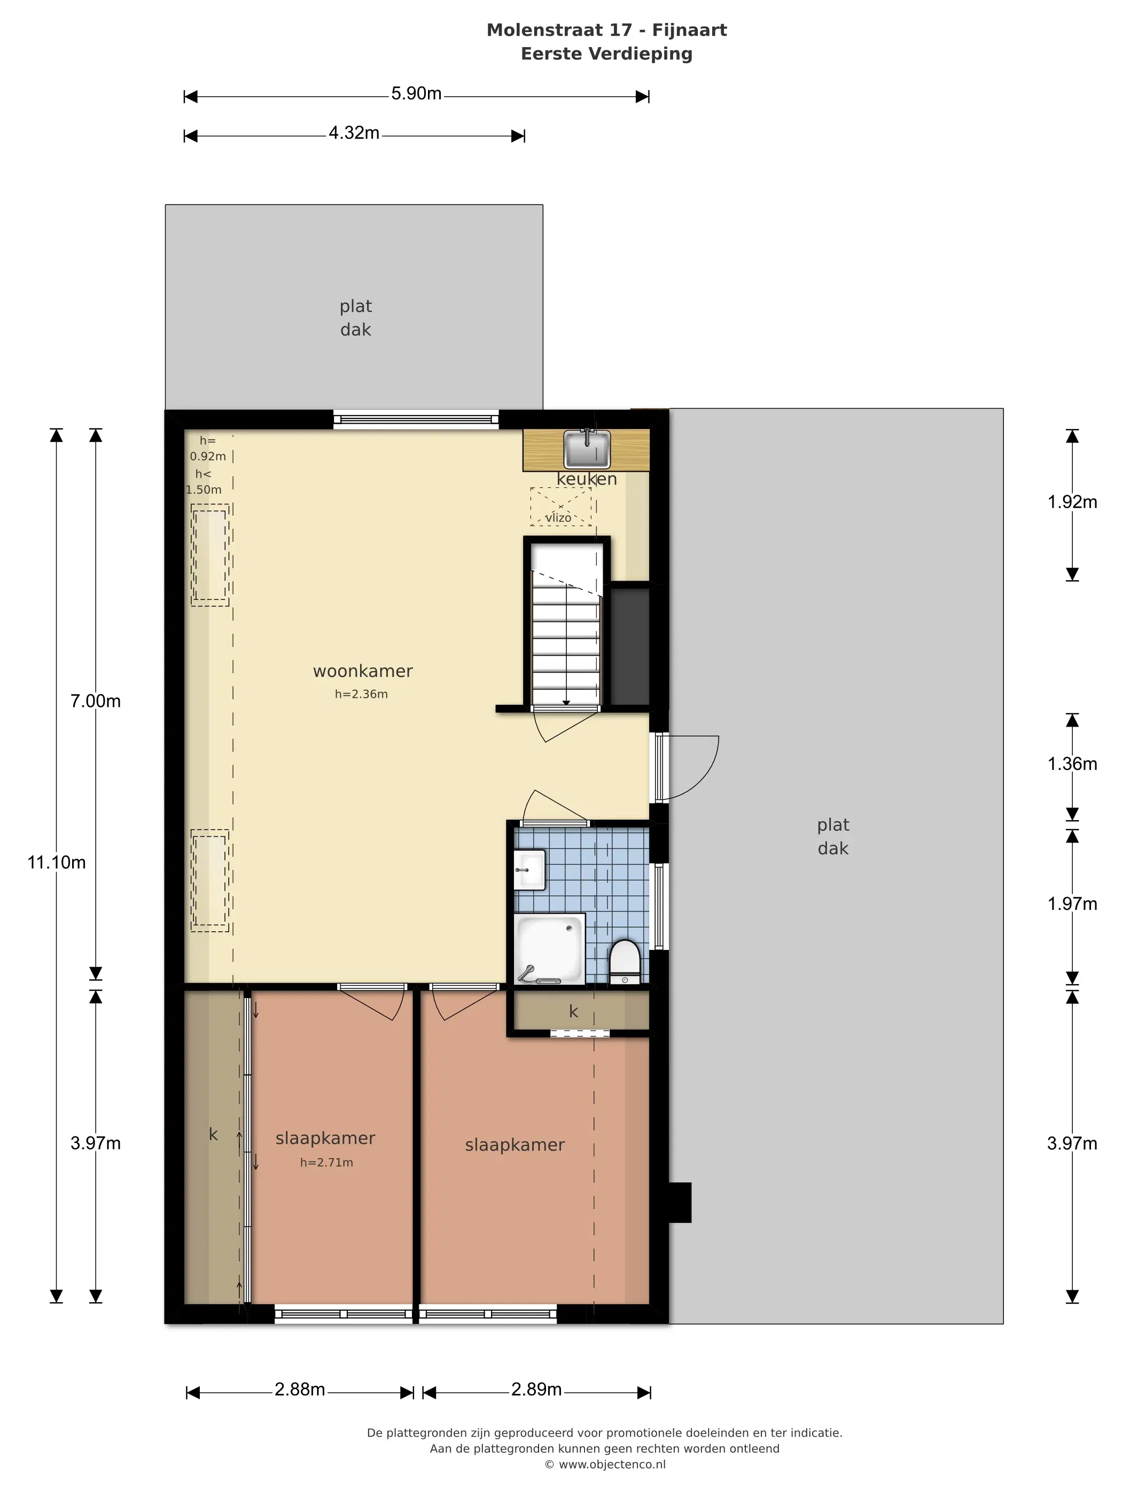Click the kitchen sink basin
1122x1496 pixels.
click(x=586, y=448)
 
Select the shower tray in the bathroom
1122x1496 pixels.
click(x=549, y=948)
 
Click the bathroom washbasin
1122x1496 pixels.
click(x=529, y=870)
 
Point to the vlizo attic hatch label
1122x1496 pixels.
click(x=558, y=517)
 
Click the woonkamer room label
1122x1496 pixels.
click(x=362, y=671)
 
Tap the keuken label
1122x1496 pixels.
click(x=586, y=479)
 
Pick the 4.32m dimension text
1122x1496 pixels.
click(x=354, y=133)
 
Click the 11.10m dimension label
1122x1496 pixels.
click(x=56, y=862)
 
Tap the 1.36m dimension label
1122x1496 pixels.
click(x=1072, y=764)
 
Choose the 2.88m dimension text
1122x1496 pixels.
click(x=300, y=1390)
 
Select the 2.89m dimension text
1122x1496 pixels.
click(x=536, y=1390)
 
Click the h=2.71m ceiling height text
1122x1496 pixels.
click(x=326, y=1163)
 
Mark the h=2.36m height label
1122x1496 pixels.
click(x=361, y=694)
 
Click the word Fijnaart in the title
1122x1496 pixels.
click(x=689, y=30)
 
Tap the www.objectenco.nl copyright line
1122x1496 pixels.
click(x=605, y=1464)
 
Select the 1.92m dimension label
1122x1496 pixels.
click(x=1072, y=502)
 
